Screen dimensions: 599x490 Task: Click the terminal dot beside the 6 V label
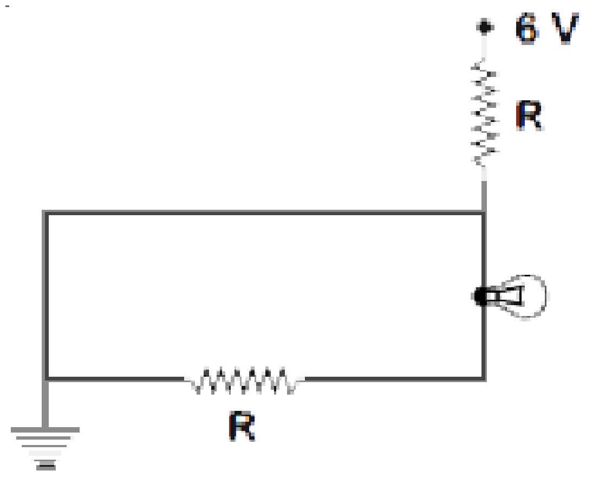[x=484, y=27]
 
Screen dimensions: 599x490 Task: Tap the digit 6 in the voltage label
[x=528, y=29]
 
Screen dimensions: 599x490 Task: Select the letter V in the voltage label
[x=565, y=29]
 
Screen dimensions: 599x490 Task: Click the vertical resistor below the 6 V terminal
[x=484, y=112]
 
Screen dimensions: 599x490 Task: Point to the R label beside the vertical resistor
[x=530, y=116]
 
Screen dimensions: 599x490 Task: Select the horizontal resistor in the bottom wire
[x=244, y=380]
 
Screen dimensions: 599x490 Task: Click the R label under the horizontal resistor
[x=242, y=426]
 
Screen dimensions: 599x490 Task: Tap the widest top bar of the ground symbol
[x=45, y=430]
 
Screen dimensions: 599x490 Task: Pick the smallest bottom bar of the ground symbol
[x=46, y=467]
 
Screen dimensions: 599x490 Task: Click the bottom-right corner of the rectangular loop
[x=484, y=379]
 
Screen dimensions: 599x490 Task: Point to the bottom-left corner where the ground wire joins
[x=45, y=379]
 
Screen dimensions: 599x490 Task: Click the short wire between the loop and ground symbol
[x=45, y=404]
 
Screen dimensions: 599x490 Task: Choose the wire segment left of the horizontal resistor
[x=115, y=379]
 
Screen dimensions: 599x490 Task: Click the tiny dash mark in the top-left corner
[x=7, y=6]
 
